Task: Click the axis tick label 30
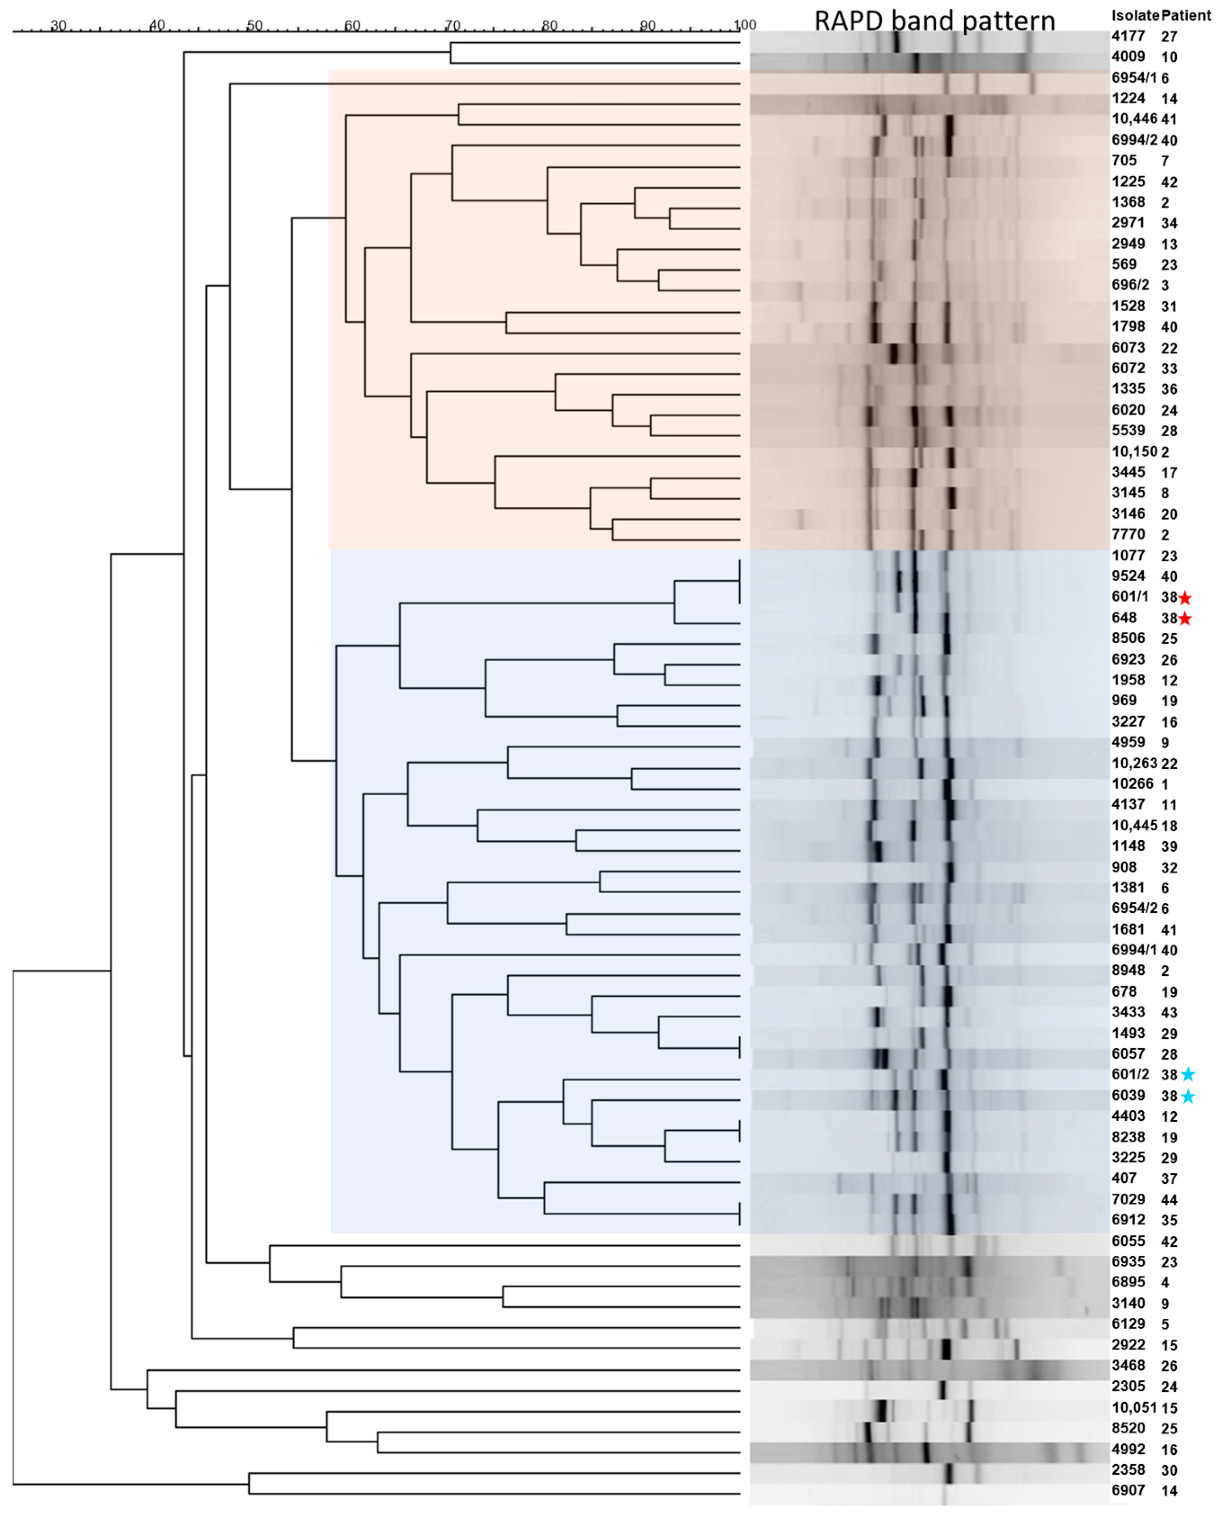coord(58,26)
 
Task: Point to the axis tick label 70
coord(452,26)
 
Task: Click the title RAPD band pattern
coord(934,21)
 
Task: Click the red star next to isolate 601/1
coord(1185,599)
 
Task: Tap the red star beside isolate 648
coord(1185,619)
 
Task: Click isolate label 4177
coord(1128,36)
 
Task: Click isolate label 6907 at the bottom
coord(1128,1491)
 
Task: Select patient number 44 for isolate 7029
coord(1169,1200)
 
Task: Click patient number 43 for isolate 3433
coord(1169,1013)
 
